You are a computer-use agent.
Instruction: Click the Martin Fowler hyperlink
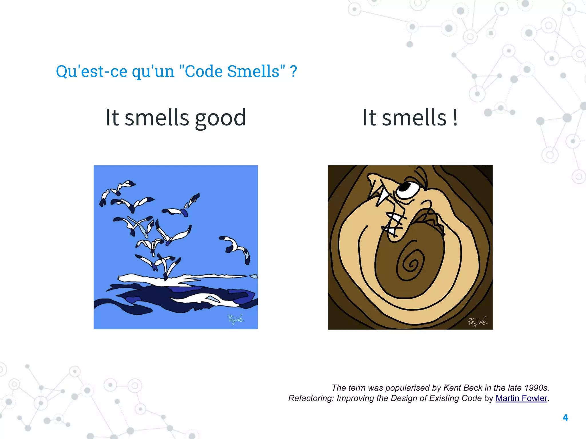click(521, 398)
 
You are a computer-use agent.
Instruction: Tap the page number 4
click(565, 418)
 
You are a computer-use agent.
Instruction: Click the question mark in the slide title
click(293, 71)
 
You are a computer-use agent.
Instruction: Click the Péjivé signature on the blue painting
click(235, 319)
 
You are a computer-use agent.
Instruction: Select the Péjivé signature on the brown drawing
click(477, 322)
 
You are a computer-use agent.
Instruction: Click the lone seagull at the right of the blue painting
click(236, 247)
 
